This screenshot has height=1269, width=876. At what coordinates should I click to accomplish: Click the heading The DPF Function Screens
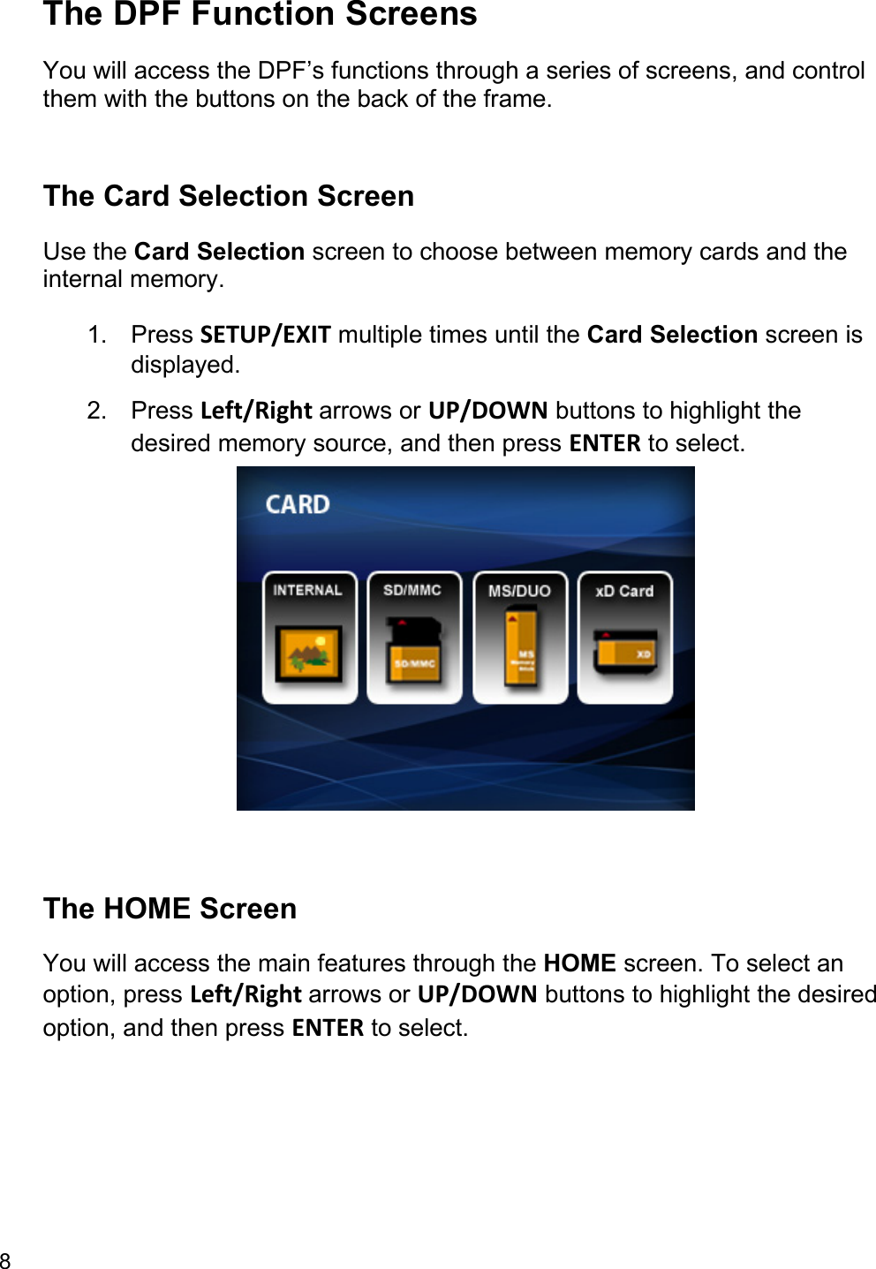point(260,15)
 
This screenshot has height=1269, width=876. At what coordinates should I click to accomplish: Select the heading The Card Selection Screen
point(229,196)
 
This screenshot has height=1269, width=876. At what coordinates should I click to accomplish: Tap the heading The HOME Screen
point(170,909)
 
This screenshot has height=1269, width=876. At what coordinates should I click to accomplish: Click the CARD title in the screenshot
point(298,504)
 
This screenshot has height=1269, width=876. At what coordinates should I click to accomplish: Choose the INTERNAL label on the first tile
point(307,590)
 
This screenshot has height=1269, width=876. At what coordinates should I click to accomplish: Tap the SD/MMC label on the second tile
point(412,590)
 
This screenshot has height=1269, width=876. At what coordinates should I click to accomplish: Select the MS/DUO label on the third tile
point(519,591)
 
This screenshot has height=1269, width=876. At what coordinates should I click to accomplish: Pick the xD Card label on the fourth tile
point(624,591)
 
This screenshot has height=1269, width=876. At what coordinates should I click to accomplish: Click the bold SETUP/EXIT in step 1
point(265,335)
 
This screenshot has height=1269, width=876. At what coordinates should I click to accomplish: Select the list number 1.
point(96,335)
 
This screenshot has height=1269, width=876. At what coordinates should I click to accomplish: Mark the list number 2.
point(96,411)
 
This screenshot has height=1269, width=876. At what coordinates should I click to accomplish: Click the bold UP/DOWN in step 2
point(487,411)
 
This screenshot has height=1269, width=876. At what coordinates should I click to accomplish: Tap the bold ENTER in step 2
point(605,443)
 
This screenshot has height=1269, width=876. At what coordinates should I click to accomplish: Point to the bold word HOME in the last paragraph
point(579,963)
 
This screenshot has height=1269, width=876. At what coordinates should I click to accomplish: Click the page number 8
point(5,1260)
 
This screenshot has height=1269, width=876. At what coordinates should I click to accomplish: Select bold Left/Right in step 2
point(256,411)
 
